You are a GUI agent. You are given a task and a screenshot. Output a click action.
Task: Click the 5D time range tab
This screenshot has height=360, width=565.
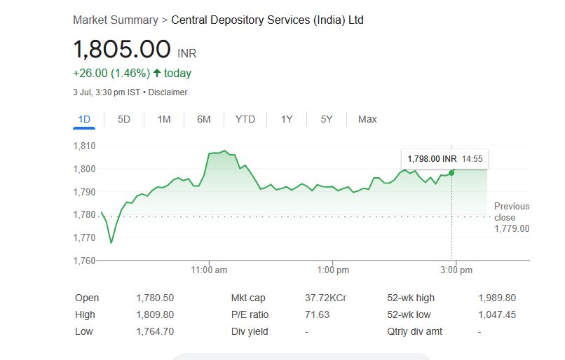124,119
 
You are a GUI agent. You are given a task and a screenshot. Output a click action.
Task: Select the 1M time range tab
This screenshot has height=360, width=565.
164,119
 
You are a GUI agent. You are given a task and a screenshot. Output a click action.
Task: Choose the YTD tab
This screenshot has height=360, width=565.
245,119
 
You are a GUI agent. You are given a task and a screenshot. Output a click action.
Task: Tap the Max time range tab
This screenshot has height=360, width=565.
367,119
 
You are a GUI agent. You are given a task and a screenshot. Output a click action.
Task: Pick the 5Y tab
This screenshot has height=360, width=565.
327,119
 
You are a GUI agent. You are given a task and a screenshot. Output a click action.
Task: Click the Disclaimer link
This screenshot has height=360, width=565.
168,92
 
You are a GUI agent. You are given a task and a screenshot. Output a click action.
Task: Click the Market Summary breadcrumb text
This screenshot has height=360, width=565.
116,20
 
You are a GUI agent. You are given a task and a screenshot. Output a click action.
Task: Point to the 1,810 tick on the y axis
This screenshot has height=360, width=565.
84,146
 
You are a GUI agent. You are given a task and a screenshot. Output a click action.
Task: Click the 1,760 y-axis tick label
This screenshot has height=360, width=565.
84,261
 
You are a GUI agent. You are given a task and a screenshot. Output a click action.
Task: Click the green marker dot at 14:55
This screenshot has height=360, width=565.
451,172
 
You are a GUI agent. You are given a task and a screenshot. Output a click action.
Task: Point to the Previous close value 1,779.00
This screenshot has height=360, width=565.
512,228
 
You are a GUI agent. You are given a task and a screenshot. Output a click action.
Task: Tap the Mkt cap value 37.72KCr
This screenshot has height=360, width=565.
325,298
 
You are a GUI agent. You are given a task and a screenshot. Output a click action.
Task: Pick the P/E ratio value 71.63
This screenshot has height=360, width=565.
317,315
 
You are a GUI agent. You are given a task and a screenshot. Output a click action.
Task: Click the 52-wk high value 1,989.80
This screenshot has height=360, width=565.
496,298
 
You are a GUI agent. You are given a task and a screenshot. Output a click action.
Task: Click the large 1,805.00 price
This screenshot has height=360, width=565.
122,50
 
